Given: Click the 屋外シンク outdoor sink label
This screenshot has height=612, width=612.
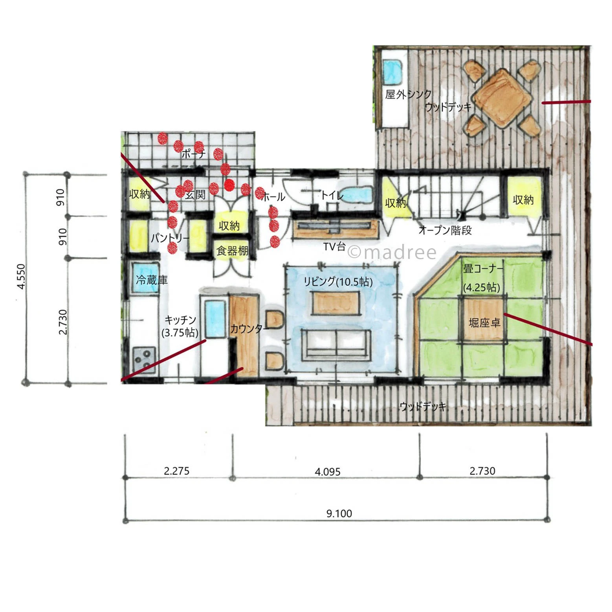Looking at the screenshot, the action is point(408,94).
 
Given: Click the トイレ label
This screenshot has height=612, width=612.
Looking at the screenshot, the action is point(332,195).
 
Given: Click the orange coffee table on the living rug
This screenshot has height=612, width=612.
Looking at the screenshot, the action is point(336,303).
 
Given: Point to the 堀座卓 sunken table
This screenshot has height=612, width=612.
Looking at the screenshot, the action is point(484,320).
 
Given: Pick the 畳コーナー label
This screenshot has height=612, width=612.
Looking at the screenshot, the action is point(483,269).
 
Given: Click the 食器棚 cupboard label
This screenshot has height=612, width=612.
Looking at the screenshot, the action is point(233,251).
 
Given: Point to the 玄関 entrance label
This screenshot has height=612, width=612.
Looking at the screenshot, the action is point(195,195).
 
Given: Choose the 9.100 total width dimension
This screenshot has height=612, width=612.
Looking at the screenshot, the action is point(339,513).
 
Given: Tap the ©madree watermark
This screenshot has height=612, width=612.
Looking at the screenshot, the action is point(392,253).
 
